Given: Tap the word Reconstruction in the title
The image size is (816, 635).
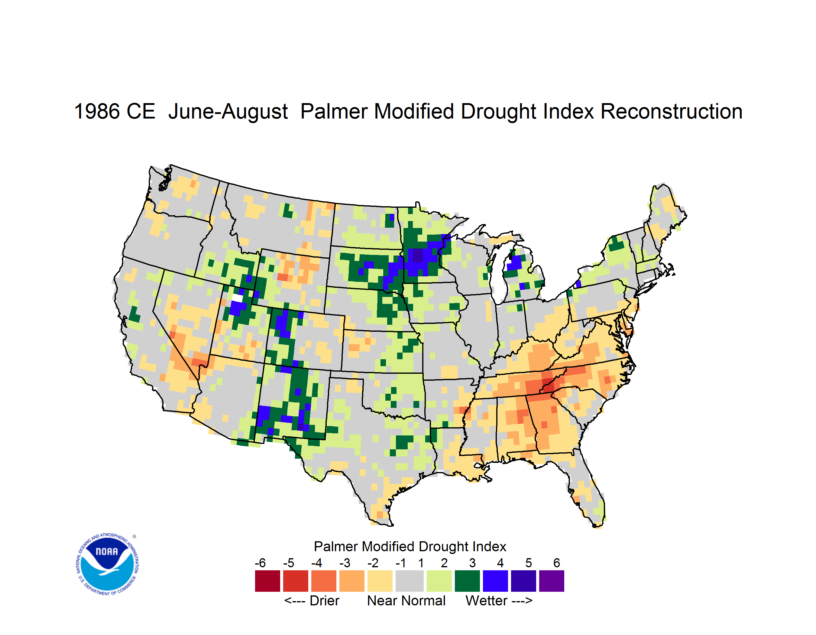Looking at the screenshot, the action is click(x=672, y=111).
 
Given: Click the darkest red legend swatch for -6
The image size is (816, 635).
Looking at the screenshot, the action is click(x=267, y=581).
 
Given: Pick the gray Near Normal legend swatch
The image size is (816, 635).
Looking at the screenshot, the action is click(x=410, y=581).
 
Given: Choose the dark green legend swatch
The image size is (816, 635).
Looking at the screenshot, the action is click(x=467, y=581).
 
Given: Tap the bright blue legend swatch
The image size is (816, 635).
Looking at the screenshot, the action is click(x=495, y=581).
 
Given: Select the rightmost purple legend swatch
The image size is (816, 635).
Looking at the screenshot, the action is click(x=552, y=581).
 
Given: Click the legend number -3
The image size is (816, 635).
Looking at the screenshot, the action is click(x=345, y=563).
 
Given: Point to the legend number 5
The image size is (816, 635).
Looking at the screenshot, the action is click(x=529, y=563).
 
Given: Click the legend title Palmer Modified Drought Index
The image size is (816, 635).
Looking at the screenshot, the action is click(x=410, y=546).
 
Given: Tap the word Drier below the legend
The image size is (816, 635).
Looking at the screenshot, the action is click(x=324, y=601).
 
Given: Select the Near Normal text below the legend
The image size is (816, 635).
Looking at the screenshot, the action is click(x=406, y=601).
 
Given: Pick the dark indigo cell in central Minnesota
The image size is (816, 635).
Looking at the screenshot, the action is click(x=417, y=256).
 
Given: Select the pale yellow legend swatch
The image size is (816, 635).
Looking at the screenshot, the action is click(x=380, y=581).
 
